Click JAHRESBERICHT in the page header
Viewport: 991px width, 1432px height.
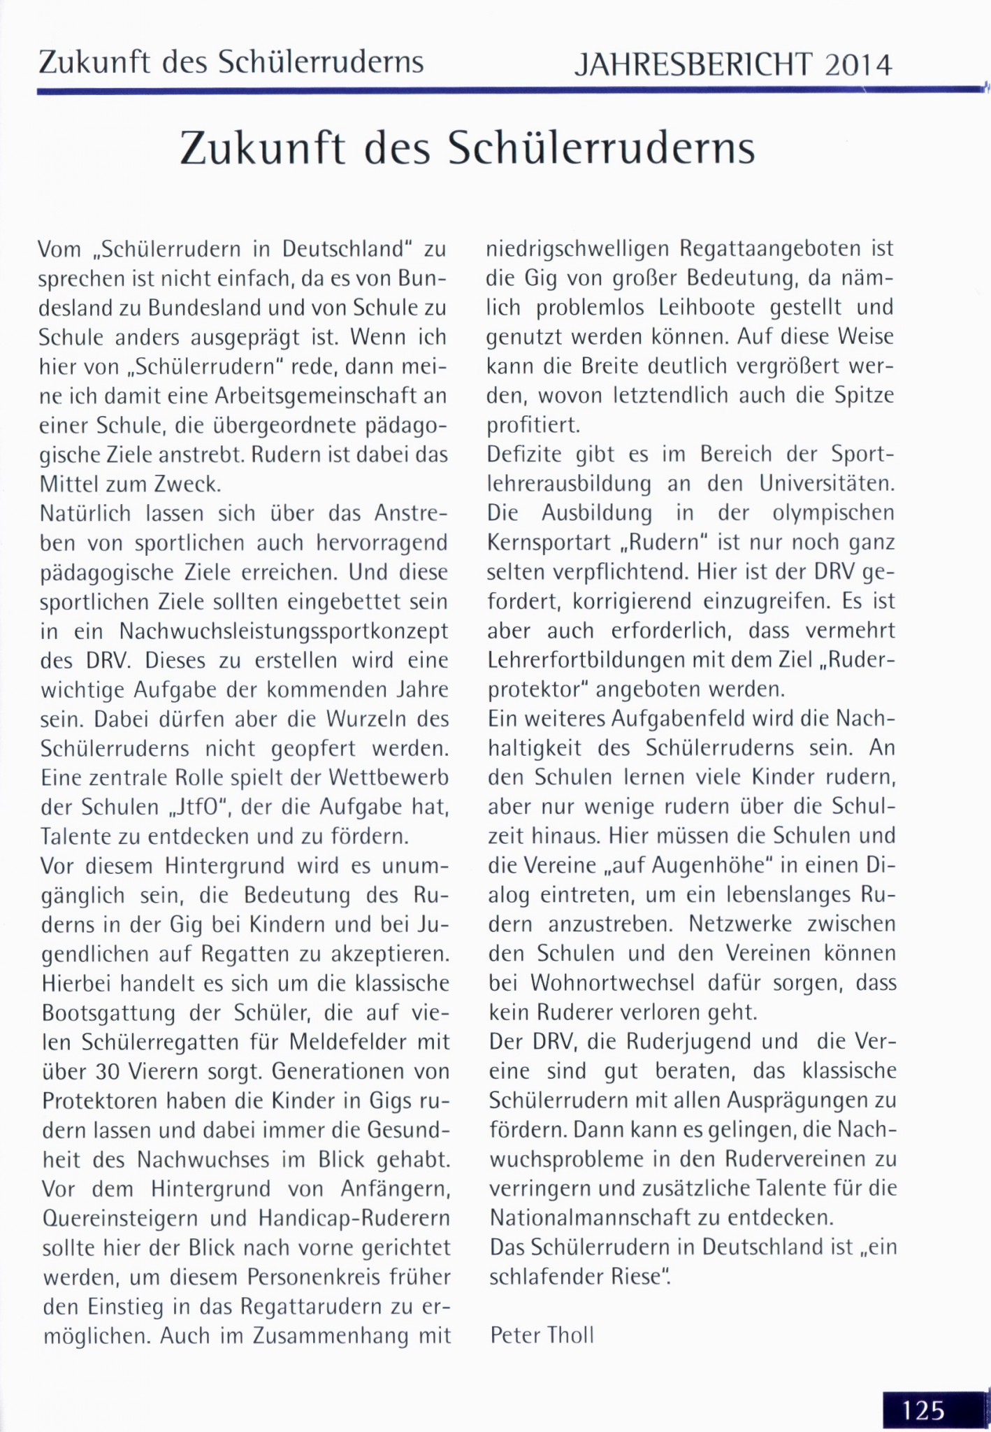tap(693, 65)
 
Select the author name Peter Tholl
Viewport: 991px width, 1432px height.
tap(542, 1335)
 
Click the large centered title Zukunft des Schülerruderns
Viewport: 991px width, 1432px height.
tap(468, 148)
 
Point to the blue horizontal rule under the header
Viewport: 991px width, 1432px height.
tap(489, 90)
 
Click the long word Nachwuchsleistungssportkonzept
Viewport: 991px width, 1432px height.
tap(284, 631)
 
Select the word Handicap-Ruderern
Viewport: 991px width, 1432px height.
tap(354, 1218)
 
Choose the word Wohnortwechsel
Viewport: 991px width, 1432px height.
tap(612, 982)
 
